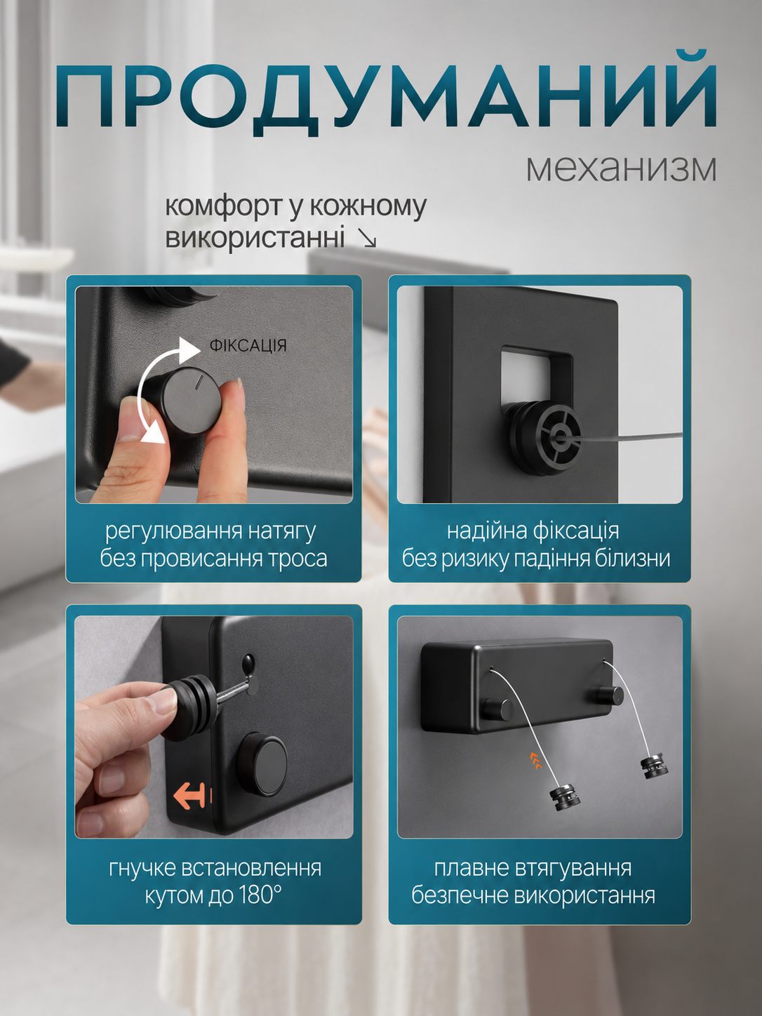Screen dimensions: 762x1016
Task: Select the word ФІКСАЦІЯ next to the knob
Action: [248, 345]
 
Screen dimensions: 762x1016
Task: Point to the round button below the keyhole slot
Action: [262, 758]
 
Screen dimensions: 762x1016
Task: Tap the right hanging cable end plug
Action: [655, 769]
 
